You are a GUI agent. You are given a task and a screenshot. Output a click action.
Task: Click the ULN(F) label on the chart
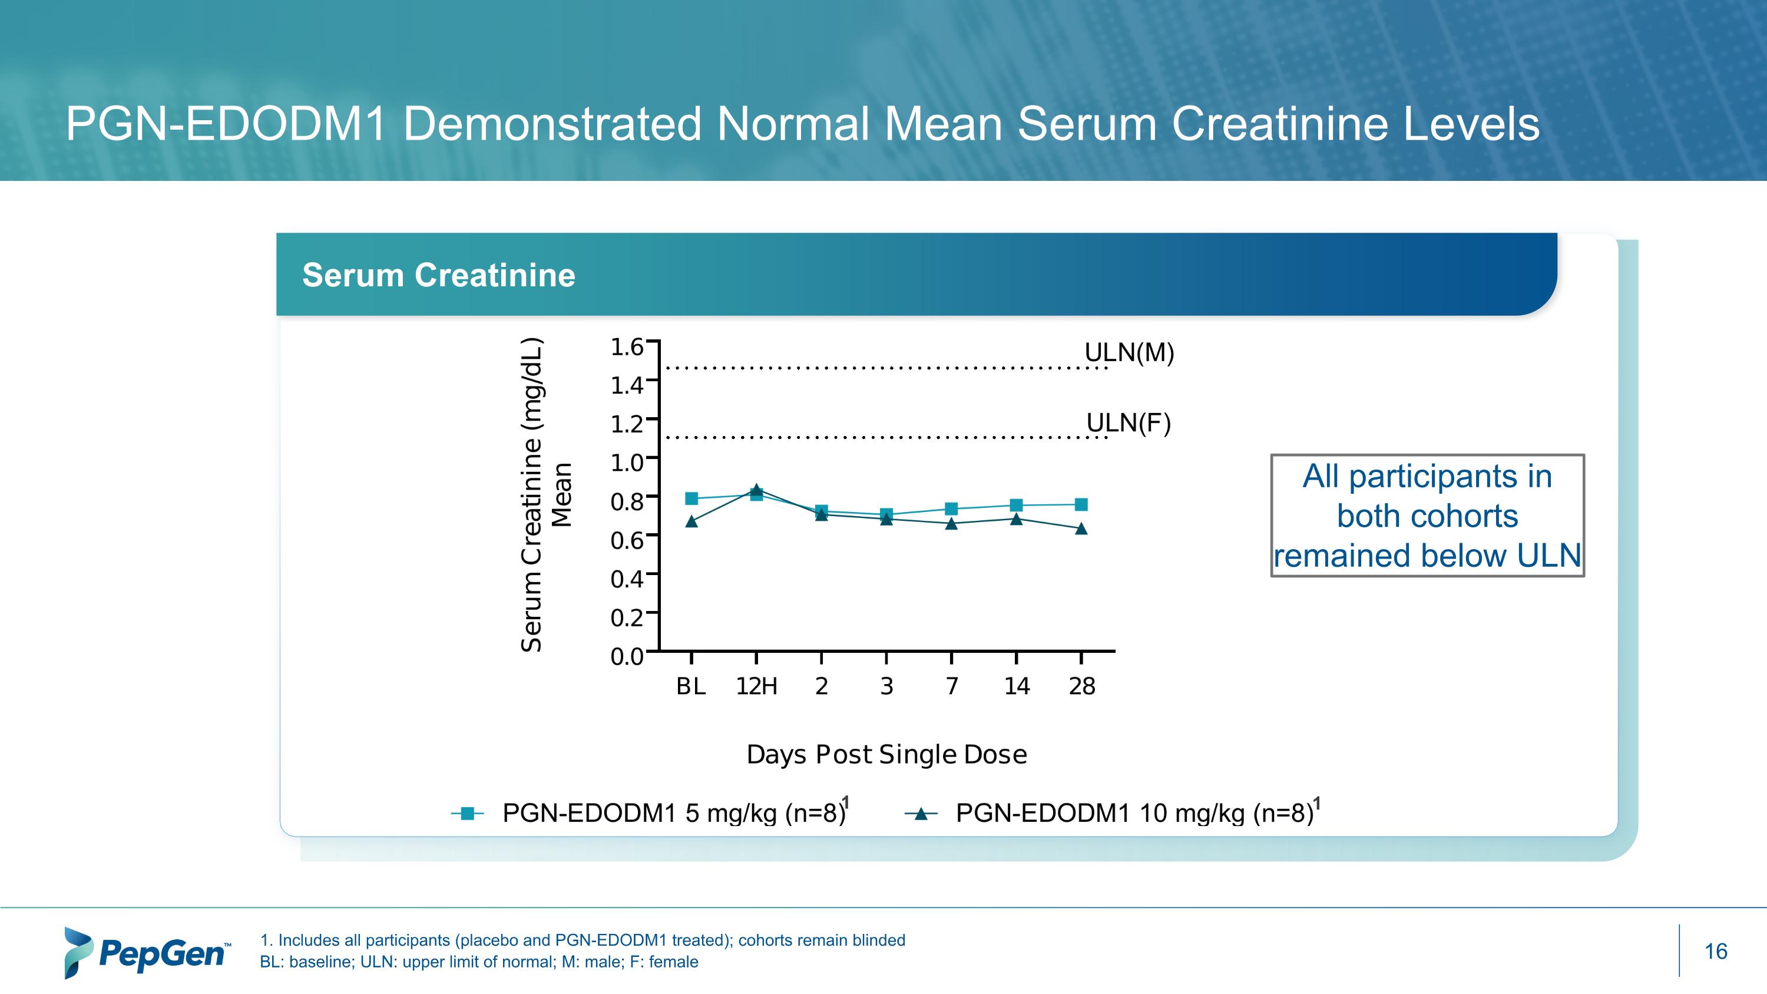[x=1129, y=422]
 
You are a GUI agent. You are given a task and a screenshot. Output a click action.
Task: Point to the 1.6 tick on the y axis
[x=627, y=347]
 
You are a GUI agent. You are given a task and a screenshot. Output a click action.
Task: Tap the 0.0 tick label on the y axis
[x=627, y=656]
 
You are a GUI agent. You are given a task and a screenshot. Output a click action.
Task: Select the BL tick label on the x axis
[x=691, y=686]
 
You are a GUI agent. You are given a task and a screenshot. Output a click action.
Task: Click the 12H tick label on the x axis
[x=757, y=686]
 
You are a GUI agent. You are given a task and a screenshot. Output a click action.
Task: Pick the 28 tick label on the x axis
[x=1082, y=686]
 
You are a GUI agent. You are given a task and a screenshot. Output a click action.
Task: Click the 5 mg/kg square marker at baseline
[x=691, y=498]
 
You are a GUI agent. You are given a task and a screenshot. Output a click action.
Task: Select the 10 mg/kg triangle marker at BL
[x=691, y=522]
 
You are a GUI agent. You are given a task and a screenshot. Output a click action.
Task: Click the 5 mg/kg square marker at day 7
[x=951, y=508]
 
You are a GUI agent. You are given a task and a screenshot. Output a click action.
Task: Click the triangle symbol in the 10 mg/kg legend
[x=921, y=814]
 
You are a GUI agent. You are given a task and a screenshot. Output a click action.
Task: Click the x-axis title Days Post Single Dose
[x=886, y=755]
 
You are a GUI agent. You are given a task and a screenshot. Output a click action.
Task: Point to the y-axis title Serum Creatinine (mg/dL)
[x=532, y=494]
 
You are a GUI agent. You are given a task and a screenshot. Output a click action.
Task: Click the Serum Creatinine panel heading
[x=438, y=275]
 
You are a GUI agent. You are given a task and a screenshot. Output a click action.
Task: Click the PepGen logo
[x=147, y=952]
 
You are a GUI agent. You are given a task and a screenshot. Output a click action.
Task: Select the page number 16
[x=1716, y=952]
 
